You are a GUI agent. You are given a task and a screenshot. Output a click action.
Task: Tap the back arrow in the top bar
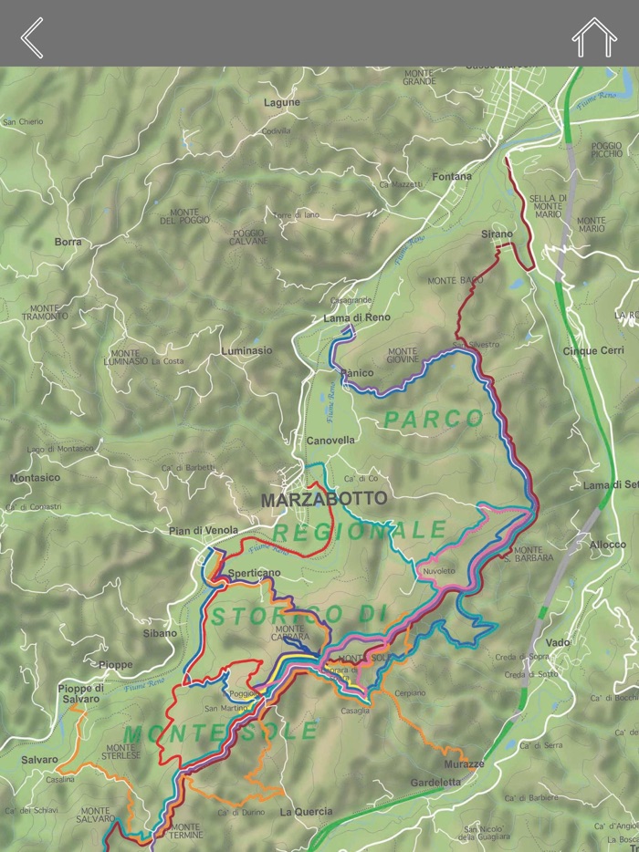click(33, 37)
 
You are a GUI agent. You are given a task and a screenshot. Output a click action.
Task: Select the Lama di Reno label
click(356, 317)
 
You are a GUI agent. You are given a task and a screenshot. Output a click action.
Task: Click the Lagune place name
click(282, 103)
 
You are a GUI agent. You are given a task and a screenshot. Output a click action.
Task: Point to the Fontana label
click(452, 176)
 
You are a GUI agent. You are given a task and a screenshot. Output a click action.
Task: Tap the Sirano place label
click(497, 234)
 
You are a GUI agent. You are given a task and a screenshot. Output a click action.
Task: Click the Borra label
click(68, 242)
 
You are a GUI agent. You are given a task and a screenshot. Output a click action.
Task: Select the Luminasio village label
click(246, 350)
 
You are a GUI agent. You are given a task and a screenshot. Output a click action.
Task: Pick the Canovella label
click(330, 440)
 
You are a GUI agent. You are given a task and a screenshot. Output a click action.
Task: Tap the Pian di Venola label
click(204, 530)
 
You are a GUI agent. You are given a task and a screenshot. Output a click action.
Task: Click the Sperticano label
click(255, 573)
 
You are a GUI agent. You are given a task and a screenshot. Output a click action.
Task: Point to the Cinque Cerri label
click(593, 350)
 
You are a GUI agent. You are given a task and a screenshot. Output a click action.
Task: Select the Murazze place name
click(465, 763)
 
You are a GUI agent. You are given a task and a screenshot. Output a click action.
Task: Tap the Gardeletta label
click(435, 782)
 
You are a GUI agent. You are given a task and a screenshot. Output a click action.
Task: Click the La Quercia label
click(306, 811)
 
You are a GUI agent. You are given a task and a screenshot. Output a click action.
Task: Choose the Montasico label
click(35, 478)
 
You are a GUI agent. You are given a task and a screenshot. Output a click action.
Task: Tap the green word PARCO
click(433, 419)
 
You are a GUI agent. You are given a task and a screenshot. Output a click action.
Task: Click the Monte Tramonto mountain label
click(48, 312)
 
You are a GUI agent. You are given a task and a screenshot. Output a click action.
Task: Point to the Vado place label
click(557, 642)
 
